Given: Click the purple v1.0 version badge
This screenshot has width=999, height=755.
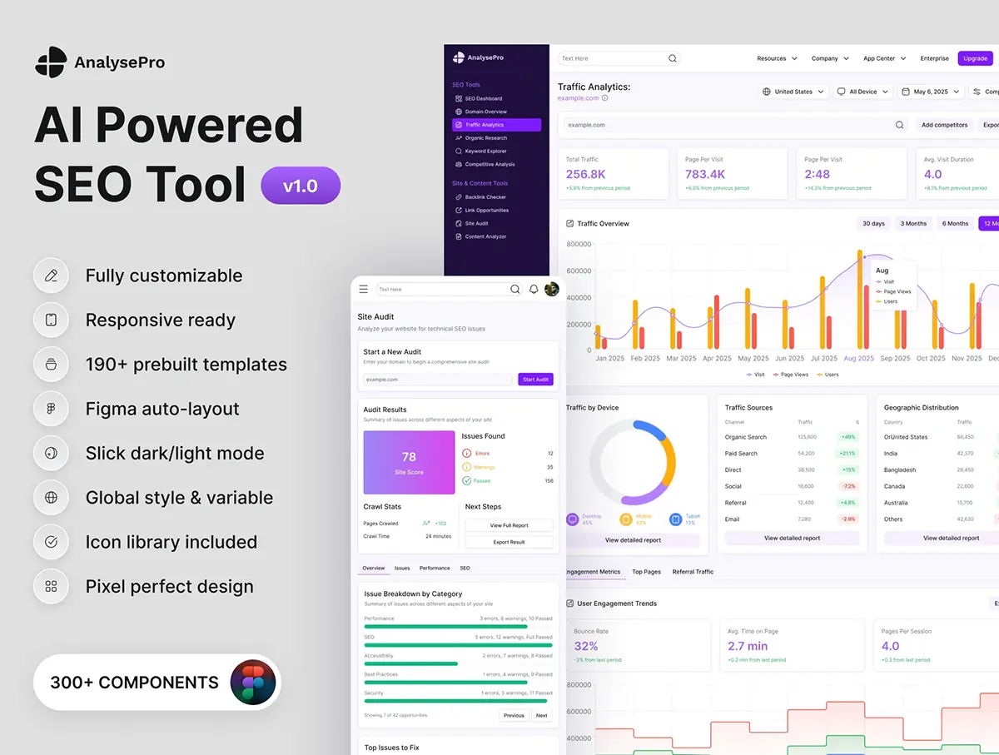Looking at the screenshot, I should click(301, 186).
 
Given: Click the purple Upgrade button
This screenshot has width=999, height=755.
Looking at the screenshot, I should click(975, 58).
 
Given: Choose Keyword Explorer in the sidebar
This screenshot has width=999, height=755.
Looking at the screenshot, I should click(485, 151).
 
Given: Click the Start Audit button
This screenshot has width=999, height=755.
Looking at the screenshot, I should click(535, 380).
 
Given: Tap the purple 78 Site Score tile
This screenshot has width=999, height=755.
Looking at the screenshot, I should click(409, 462).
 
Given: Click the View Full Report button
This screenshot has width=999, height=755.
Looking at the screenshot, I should click(509, 525).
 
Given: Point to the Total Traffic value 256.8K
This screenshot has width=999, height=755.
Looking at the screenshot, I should click(585, 174).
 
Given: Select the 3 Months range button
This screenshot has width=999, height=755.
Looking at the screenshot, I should click(913, 223).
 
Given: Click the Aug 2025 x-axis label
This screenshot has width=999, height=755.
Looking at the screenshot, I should click(858, 358).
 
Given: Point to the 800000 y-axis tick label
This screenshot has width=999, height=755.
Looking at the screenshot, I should click(578, 244).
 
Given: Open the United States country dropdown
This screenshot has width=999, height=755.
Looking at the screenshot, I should click(793, 92).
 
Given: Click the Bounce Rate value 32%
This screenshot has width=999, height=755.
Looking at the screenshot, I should click(585, 646).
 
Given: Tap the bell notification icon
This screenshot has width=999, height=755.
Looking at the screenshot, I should click(534, 290).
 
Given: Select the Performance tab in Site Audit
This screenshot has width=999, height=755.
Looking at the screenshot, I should click(435, 568).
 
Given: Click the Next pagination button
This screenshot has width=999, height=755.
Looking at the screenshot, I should click(541, 715).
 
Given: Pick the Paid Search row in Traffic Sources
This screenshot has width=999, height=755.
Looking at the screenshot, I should click(741, 454).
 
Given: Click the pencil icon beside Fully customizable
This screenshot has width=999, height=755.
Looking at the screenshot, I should click(51, 276).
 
